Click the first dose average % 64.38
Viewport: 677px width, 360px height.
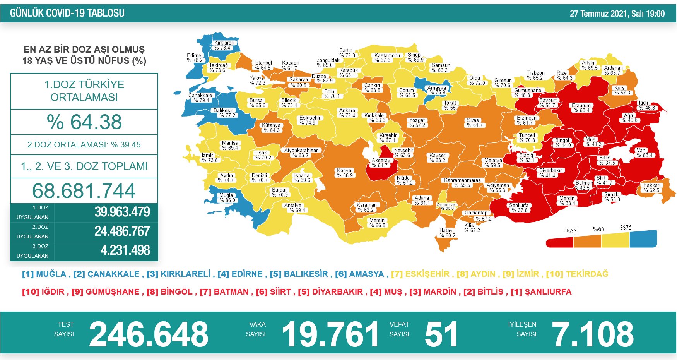click(84, 122)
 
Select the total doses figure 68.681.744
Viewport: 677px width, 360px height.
click(84, 191)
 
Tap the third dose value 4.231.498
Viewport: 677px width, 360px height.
click(125, 250)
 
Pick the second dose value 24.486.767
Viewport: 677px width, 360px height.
click(122, 231)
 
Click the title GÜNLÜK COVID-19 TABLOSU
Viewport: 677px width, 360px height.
click(67, 13)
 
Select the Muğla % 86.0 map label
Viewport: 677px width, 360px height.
click(227, 198)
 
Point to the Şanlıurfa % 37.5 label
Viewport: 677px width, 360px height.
click(519, 208)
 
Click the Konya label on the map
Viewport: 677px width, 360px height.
click(344, 173)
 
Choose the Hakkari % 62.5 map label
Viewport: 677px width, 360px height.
click(651, 188)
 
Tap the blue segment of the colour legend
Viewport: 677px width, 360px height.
click(643, 239)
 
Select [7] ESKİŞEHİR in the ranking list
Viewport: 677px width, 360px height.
click(420, 274)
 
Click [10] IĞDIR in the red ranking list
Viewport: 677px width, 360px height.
click(43, 292)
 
